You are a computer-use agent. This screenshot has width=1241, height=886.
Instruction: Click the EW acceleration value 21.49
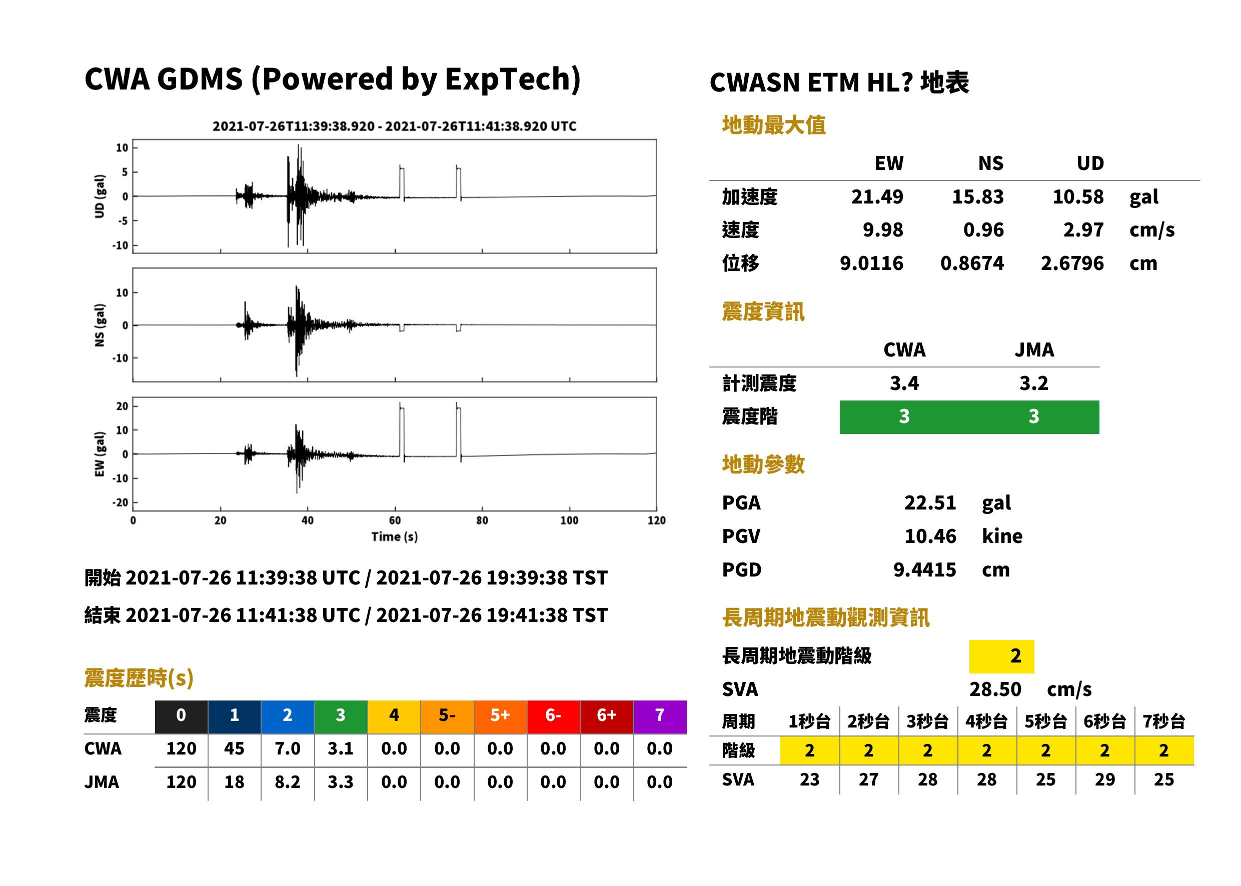click(877, 196)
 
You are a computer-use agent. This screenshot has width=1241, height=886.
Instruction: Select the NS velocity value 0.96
click(983, 229)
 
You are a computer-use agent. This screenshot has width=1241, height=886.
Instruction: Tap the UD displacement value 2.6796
click(1072, 263)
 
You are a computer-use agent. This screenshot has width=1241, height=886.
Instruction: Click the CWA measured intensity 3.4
click(904, 383)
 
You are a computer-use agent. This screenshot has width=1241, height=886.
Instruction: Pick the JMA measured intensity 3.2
click(1033, 383)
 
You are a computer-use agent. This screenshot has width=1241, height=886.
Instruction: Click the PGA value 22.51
click(930, 502)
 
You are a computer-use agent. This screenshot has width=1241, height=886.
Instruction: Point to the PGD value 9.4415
click(924, 569)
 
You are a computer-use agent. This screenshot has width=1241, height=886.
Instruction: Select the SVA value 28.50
click(995, 689)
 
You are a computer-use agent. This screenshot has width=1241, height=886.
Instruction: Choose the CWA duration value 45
click(234, 748)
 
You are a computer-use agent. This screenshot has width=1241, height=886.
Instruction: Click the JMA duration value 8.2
click(287, 782)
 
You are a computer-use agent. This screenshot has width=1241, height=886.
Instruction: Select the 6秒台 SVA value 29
click(1104, 779)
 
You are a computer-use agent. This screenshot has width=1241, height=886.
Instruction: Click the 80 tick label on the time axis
click(482, 520)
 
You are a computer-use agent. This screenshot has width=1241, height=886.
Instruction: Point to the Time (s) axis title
click(395, 537)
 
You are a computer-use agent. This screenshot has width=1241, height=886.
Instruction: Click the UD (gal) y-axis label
click(100, 196)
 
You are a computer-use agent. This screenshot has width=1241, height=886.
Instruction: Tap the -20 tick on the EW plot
click(121, 502)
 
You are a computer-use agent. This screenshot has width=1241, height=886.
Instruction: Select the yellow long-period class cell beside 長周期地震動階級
click(1001, 656)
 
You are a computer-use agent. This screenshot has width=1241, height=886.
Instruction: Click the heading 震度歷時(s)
click(139, 677)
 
